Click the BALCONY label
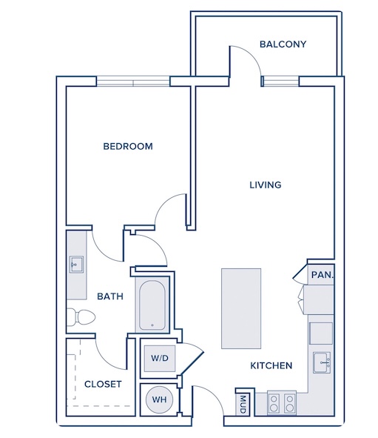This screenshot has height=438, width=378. click(283, 44)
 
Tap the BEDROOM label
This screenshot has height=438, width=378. click(128, 147)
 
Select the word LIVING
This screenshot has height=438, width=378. click(266, 185)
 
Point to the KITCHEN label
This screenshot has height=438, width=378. click(271, 365)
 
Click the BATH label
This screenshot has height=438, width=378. click(110, 296)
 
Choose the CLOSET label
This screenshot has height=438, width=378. click(103, 385)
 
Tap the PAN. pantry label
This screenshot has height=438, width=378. click(323, 275)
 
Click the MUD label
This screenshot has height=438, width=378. click(243, 404)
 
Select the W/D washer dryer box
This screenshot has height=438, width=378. click(160, 359)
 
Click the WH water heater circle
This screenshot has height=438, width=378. click(159, 399)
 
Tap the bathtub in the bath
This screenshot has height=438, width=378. click(152, 305)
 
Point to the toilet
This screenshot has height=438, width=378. click(81, 317)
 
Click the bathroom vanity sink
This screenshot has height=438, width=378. click(76, 265)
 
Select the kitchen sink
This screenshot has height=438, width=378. click(322, 362)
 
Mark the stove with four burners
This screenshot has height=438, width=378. click(282, 402)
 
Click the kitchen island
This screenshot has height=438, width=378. click(241, 308)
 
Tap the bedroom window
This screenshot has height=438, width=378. click(133, 82)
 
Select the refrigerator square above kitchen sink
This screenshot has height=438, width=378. click(321, 334)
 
